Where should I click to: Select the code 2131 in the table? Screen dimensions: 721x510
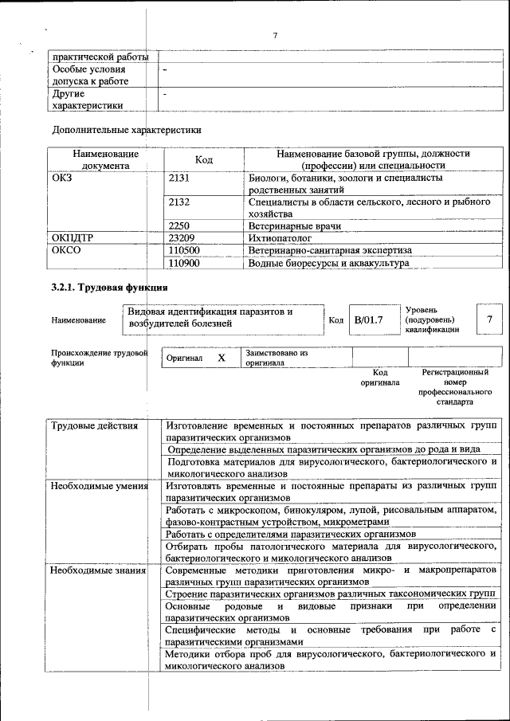[179, 178]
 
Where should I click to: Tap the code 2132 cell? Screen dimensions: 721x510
[179, 202]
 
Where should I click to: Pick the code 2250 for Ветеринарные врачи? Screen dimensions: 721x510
[179, 226]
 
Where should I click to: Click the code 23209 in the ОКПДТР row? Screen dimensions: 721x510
[182, 238]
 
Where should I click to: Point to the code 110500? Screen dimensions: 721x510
[185, 250]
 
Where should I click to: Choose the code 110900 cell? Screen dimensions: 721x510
[185, 262]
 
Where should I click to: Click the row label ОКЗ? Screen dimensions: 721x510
[61, 178]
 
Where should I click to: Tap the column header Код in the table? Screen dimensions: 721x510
[203, 160]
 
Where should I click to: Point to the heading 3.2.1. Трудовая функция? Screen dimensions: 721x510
[109, 288]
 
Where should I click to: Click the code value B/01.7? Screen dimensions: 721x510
[369, 319]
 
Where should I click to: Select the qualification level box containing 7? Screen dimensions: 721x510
[489, 319]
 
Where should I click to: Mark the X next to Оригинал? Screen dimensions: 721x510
[222, 358]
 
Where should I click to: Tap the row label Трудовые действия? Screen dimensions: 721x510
[88, 426]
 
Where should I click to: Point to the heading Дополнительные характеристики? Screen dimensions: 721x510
[127, 129]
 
